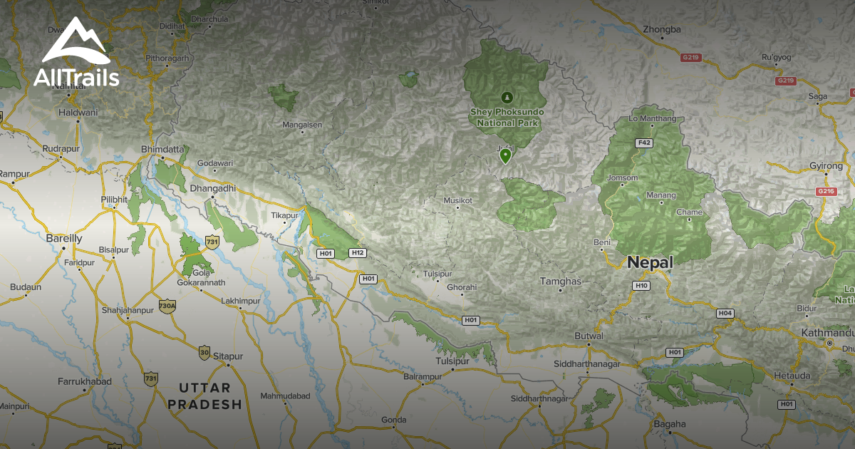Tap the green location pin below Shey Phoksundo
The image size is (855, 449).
[x=506, y=155]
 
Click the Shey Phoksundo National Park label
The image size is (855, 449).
[x=507, y=118]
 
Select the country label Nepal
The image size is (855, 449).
[x=650, y=262]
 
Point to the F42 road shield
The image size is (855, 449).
[x=644, y=143]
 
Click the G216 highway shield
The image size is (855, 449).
[x=826, y=191]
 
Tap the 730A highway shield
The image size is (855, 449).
[x=167, y=305]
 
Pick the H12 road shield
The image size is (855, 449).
[x=358, y=253]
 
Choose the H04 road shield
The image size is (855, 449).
[x=725, y=314]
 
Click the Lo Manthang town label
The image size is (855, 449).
[x=653, y=118]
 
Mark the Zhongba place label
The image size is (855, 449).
[x=662, y=29]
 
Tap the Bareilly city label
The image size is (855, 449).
[x=64, y=238]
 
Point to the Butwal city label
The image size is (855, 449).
[x=589, y=336]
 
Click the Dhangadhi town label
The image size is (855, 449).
[x=213, y=189]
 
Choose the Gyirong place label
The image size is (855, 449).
[x=826, y=166]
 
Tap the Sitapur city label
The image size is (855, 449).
[x=229, y=356]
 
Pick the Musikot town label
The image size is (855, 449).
[x=458, y=200]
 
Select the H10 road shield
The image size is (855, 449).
[x=641, y=286]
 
